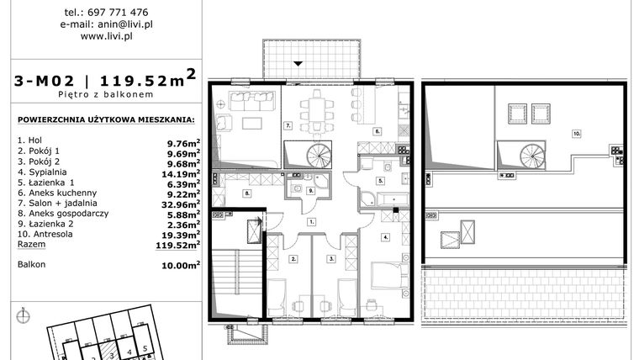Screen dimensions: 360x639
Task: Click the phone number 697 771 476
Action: pos(119,13)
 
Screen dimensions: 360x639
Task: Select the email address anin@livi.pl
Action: pos(106,24)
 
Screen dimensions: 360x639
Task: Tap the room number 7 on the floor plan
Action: pos(288,126)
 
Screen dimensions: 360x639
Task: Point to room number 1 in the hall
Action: pos(310,221)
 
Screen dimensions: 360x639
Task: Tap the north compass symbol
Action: pos(23,316)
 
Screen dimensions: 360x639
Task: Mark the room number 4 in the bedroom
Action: pos(385,236)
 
